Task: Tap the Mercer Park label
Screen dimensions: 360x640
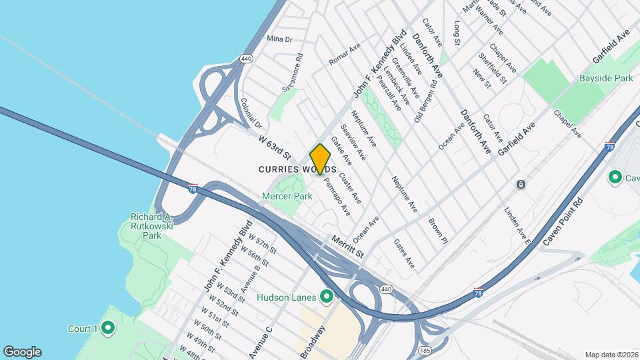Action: coord(287,197)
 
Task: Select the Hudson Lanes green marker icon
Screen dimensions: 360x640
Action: coord(327,297)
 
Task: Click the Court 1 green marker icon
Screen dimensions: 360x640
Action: coord(107,328)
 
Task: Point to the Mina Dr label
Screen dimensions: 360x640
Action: coord(279,39)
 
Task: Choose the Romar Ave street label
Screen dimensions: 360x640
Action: coord(344,55)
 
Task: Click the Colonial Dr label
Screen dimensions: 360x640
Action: coord(252,113)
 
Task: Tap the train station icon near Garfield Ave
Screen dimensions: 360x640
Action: coord(521,184)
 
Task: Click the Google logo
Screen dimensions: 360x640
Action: coord(22,351)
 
